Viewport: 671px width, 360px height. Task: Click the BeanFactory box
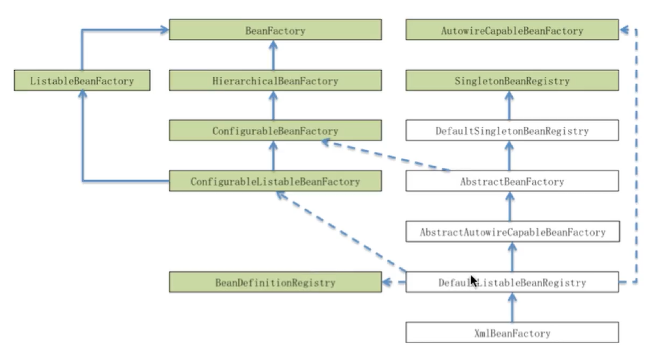click(x=275, y=31)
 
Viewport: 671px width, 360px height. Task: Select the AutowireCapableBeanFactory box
click(x=511, y=31)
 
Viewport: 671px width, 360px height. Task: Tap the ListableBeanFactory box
click(x=82, y=81)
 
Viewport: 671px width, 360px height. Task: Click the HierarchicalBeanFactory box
click(x=275, y=81)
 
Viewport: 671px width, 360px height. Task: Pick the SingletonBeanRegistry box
click(x=511, y=81)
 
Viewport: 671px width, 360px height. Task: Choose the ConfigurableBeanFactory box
click(x=275, y=131)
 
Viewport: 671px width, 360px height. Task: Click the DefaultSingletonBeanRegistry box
click(x=511, y=131)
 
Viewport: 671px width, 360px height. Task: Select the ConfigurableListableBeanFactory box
click(x=275, y=181)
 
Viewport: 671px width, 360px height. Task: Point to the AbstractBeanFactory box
click(x=511, y=181)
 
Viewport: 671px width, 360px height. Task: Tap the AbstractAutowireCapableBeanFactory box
click(x=511, y=232)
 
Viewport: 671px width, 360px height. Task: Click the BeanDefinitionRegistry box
click(x=275, y=282)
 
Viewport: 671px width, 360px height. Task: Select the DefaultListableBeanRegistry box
click(x=511, y=282)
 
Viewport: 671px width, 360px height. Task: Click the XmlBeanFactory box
click(x=511, y=333)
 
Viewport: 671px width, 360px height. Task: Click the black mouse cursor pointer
click(x=474, y=281)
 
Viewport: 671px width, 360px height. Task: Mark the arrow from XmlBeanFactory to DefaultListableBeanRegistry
click(x=511, y=307)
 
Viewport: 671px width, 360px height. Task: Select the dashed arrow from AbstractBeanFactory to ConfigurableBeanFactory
click(x=385, y=156)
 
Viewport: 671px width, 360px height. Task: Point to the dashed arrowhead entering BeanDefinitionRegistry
click(x=388, y=282)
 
